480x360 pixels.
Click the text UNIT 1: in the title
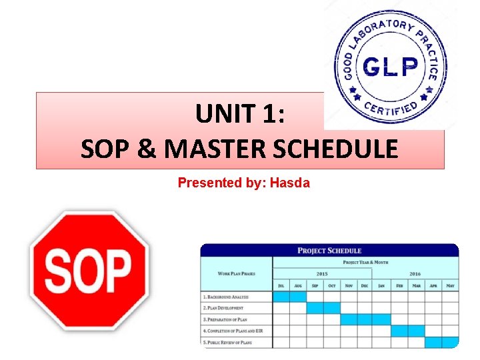click(240, 115)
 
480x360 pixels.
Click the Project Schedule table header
click(329, 251)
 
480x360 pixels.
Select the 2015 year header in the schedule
click(323, 273)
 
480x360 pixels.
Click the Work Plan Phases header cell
click(237, 273)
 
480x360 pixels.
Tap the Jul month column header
click(281, 285)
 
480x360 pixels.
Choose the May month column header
click(450, 285)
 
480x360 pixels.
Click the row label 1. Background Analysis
click(225, 296)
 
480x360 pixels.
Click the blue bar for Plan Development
click(323, 307)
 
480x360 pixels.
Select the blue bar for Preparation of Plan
click(365, 319)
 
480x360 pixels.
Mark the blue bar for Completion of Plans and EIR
click(407, 331)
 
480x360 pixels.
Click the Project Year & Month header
click(365, 262)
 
